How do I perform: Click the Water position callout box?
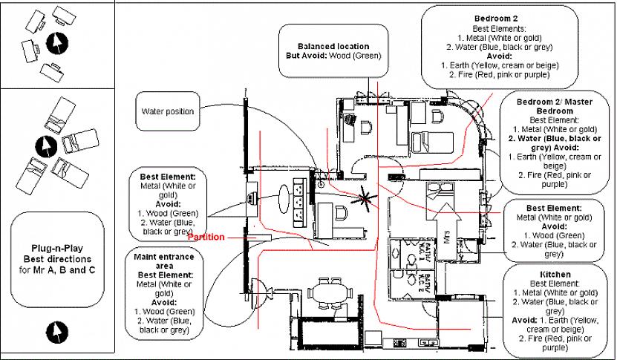[x=168, y=112]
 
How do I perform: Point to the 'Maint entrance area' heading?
[x=166, y=260]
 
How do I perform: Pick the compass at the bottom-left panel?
[x=56, y=332]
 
